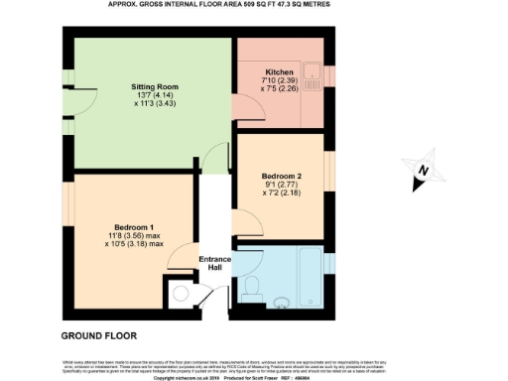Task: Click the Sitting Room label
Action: coord(153,87)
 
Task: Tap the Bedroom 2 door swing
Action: coord(241,225)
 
